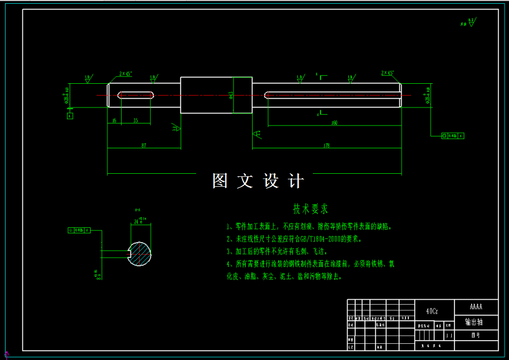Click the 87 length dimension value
(143, 145)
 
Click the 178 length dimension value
(327, 145)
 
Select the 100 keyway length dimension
(335, 123)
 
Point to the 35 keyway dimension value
(135, 120)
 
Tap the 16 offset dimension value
(114, 120)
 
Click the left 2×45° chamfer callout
(125, 73)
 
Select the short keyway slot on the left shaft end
(135, 95)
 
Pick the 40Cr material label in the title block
(432, 310)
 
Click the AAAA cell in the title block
(476, 307)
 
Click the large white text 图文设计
(258, 181)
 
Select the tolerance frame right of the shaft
(452, 135)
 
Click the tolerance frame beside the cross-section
(79, 230)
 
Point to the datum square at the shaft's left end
(70, 115)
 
